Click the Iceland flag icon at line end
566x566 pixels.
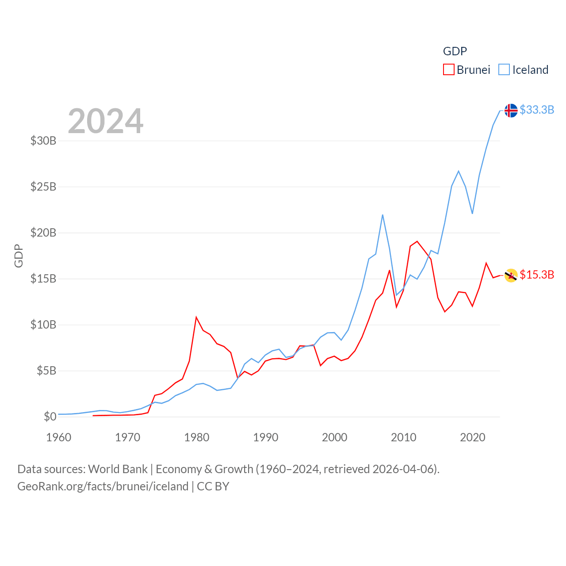point(511,110)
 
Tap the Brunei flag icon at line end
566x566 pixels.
point(511,275)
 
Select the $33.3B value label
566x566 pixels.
point(537,110)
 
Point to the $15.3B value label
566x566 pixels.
point(537,275)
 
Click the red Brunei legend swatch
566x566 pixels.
point(448,70)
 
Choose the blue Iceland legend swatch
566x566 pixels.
point(504,70)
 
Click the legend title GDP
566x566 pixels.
point(455,51)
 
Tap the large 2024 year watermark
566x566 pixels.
point(106,121)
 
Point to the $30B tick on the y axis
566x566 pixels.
point(43,141)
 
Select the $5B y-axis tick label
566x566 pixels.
point(46,371)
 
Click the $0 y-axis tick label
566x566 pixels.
point(50,417)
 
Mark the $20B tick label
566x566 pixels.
point(43,233)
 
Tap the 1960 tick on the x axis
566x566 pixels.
point(59,437)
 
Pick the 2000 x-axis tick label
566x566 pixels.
point(335,437)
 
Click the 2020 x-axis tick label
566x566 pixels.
point(473,437)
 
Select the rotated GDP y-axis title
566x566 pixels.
point(19,256)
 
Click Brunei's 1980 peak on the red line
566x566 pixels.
point(196,317)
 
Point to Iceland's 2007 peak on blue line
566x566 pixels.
point(382,215)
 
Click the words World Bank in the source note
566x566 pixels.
point(118,469)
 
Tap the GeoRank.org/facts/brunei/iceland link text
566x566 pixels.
point(103,486)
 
